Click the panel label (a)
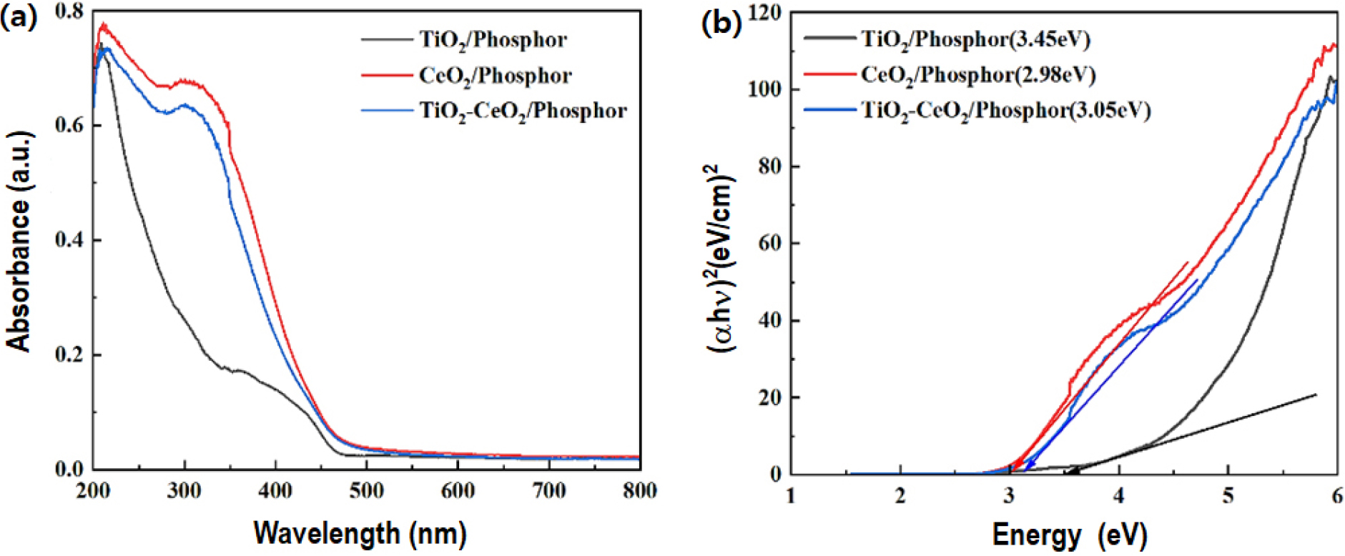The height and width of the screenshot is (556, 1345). point(19,18)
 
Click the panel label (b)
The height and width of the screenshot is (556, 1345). point(721,23)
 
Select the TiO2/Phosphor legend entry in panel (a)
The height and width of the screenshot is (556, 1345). point(493,40)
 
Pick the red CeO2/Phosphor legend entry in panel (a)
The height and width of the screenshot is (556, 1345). point(495,76)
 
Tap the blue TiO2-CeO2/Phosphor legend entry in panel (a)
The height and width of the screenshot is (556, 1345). point(523,111)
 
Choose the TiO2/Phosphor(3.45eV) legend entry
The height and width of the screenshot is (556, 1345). point(975,39)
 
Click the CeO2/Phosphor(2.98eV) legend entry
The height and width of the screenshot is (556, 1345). point(977,75)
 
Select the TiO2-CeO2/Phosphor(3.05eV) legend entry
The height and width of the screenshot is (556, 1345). point(1005,111)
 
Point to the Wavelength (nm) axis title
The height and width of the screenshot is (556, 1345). point(360,533)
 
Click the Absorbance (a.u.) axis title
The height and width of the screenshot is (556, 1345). point(19,241)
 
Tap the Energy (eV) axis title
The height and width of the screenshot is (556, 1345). point(1069,535)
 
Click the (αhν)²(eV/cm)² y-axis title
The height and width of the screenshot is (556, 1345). point(721,257)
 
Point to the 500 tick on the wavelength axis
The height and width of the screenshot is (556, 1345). point(366,491)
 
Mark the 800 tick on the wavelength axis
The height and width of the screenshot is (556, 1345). point(639,491)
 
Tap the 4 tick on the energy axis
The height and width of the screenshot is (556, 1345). point(1118,495)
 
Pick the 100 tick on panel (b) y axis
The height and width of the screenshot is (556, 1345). point(764,90)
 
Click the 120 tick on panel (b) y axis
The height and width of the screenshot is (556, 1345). point(764,13)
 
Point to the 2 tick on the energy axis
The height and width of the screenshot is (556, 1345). point(900,495)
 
